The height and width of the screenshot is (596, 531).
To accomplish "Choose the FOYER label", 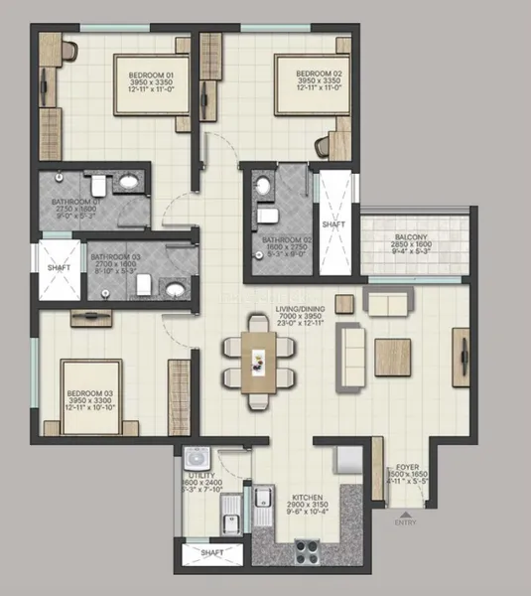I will [407, 466].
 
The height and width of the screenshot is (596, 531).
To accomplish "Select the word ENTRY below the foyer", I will [407, 521].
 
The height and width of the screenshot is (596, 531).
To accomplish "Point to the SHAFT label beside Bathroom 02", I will [333, 225].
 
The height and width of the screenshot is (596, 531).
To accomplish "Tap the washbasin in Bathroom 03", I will [176, 289].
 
